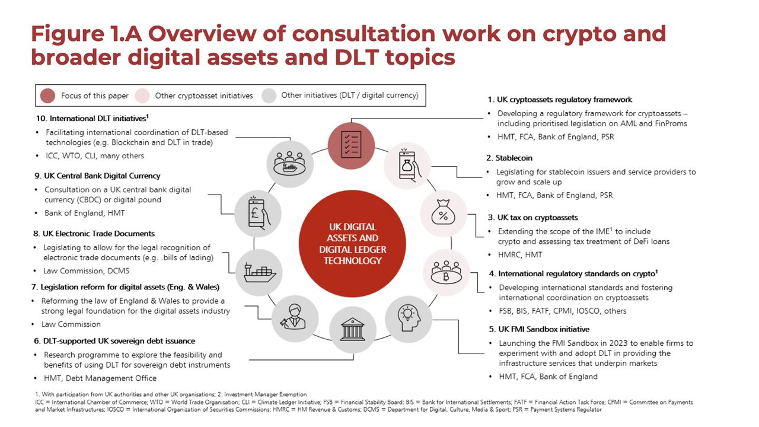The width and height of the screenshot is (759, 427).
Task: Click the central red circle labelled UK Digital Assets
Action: [x=352, y=244]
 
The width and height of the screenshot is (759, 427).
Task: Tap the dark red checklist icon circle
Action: [x=352, y=146]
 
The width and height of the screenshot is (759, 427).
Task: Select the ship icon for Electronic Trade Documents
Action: [x=259, y=272]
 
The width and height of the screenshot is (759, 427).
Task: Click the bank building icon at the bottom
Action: [x=353, y=330]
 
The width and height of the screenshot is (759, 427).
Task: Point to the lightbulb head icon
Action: [x=409, y=318]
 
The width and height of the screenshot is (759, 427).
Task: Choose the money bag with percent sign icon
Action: [x=444, y=213]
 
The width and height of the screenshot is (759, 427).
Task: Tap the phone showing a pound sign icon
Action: [x=258, y=214]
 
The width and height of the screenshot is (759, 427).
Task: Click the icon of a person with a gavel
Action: [x=295, y=318]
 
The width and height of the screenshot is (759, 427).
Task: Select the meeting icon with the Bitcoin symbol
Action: [x=447, y=273]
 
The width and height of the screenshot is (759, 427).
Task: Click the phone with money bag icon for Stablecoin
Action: [x=407, y=165]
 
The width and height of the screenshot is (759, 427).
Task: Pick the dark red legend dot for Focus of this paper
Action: [x=48, y=95]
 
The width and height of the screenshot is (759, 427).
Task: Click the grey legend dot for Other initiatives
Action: [x=269, y=95]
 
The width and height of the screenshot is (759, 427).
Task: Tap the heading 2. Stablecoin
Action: [x=509, y=158]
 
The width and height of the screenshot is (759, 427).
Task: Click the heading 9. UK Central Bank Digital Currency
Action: [x=97, y=176]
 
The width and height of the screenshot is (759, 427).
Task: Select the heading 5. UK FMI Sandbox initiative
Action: [x=539, y=329]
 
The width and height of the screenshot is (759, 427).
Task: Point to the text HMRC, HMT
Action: [x=520, y=255]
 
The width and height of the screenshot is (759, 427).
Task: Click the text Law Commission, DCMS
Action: [x=86, y=271]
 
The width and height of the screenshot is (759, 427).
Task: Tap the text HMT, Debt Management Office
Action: [x=100, y=378]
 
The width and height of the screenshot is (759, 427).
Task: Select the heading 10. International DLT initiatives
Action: [x=92, y=118]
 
